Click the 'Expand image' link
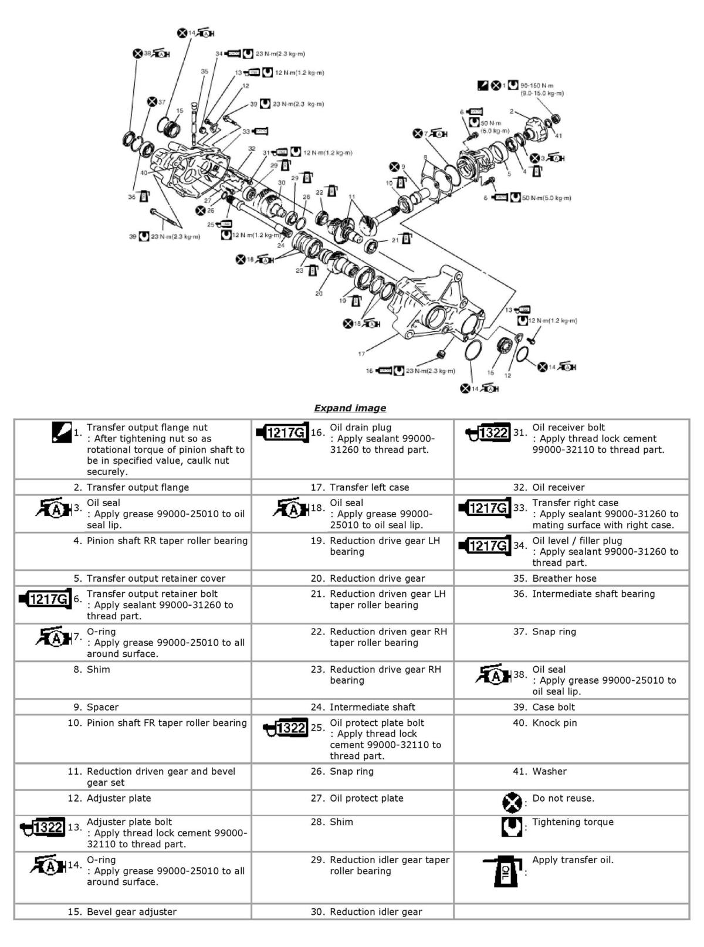[x=350, y=408]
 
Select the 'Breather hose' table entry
[x=564, y=578]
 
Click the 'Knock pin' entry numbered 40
[x=554, y=723]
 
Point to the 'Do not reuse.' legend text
[x=563, y=798]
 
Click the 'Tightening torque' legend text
[x=572, y=822]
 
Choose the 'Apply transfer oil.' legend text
[x=572, y=860]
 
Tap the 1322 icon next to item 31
[x=487, y=433]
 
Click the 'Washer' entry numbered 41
[x=549, y=772]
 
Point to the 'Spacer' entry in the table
[x=103, y=707]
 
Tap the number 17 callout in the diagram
[x=361, y=354]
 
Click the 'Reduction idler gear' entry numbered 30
[x=375, y=912]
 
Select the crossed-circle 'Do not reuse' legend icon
[x=512, y=802]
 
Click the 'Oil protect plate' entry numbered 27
[x=366, y=798]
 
